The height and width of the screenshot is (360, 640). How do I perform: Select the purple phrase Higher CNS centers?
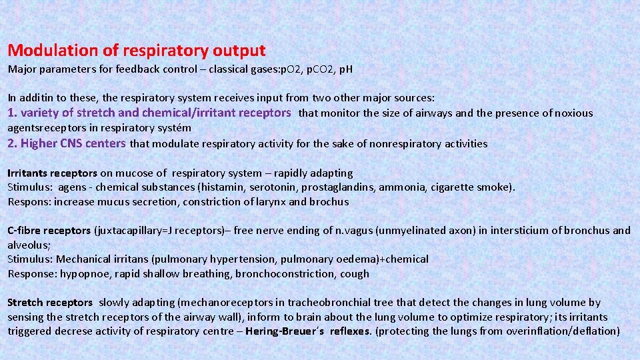point(73,143)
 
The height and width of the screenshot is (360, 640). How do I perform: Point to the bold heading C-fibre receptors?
point(49,231)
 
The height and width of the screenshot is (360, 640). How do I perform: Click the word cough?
point(355,274)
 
